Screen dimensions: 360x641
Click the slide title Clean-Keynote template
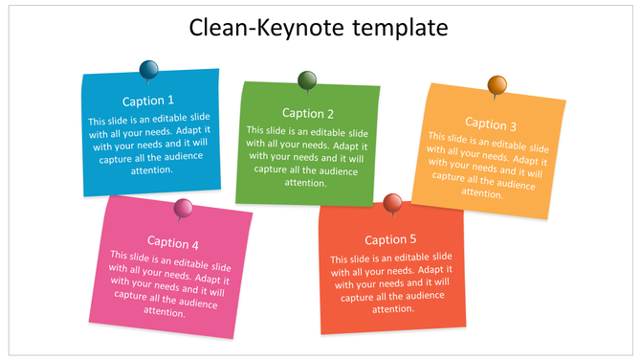[x=319, y=28]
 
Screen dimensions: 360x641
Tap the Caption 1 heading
[x=148, y=101]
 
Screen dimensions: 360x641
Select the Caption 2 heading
[x=308, y=113]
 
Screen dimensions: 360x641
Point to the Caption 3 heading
[x=491, y=124]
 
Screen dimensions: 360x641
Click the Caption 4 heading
[x=173, y=243]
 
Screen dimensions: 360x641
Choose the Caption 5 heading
[x=390, y=239]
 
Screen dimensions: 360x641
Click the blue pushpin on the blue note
[x=149, y=69]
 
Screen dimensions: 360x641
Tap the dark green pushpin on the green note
[x=307, y=79]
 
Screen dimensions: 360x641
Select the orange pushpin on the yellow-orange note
[x=497, y=85]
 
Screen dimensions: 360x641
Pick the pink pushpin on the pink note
[x=183, y=208]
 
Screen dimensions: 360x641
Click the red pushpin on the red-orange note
[x=392, y=202]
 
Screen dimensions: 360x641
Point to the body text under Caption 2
[x=307, y=156]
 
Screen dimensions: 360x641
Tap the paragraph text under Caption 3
[x=486, y=165]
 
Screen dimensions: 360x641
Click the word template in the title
[x=398, y=28]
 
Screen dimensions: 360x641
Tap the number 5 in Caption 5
[x=413, y=239]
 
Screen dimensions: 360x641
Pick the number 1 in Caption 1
[x=170, y=101]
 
